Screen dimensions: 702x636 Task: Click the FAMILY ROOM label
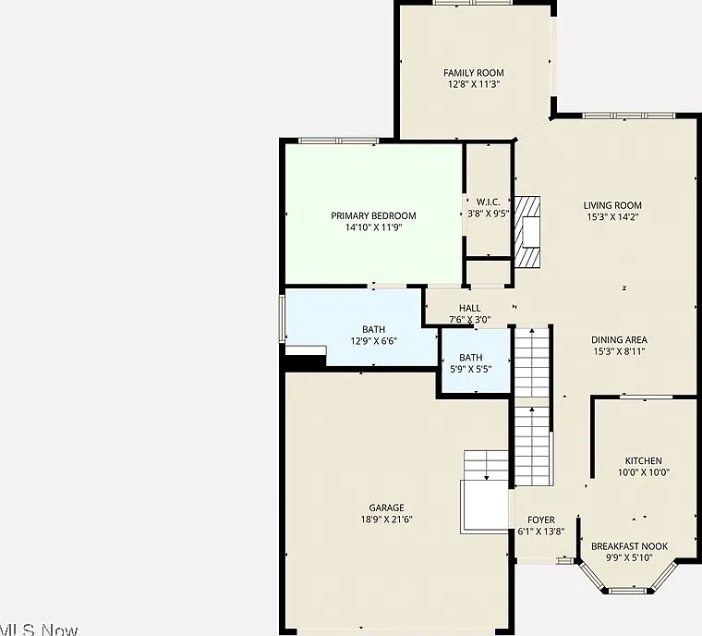coord(473,73)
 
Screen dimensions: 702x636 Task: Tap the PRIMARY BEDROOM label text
coord(373,215)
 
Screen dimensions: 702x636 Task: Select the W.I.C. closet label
coord(488,202)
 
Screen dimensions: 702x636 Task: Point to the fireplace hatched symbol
coord(526,232)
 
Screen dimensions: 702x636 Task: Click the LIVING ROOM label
coord(612,205)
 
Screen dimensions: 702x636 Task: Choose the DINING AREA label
coord(619,340)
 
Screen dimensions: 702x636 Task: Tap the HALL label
coord(469,308)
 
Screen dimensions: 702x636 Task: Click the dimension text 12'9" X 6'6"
coord(374,341)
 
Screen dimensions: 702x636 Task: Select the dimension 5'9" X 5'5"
coord(471,370)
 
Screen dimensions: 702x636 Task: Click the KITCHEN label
coord(644,460)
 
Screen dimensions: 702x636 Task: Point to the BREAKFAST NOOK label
coord(629,546)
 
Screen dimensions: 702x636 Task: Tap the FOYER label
coord(541,520)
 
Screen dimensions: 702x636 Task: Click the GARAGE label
coord(386,508)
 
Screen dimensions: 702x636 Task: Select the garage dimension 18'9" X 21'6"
coord(386,520)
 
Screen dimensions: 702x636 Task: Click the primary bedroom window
coord(338,141)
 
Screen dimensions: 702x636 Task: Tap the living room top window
coord(629,116)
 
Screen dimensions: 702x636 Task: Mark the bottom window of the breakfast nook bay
coord(629,591)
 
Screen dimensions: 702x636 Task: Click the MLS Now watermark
coord(39,630)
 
